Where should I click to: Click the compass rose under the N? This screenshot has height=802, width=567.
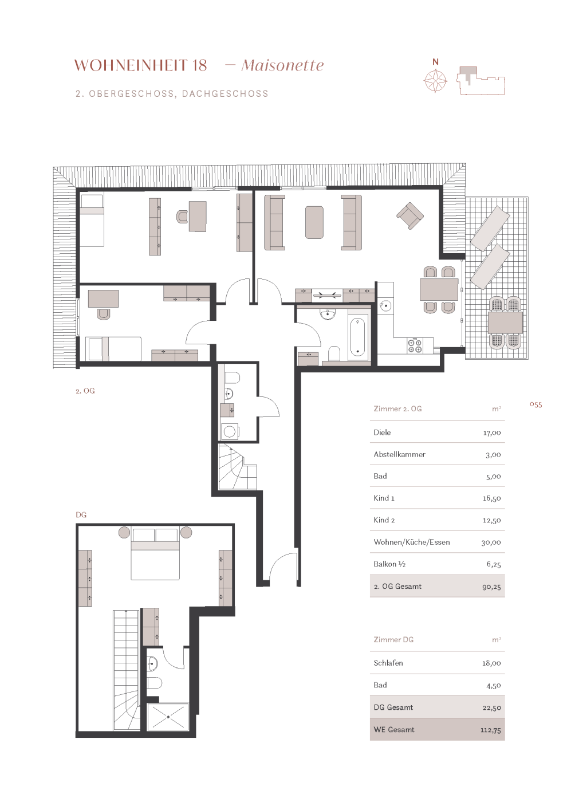435,81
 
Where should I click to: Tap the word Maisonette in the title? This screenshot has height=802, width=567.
282,65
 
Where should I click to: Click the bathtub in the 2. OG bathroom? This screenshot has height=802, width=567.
357,337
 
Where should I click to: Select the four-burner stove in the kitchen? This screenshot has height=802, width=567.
415,345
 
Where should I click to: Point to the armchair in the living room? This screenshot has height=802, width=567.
410,215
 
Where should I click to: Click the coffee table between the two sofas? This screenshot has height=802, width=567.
314,222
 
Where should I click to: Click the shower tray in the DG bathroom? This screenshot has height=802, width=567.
168,717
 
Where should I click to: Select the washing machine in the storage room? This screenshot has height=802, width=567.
230,432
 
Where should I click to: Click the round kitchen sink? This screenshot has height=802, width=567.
385,306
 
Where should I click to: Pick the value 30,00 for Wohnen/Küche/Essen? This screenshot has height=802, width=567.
491,542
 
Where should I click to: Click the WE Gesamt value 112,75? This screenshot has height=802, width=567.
490,730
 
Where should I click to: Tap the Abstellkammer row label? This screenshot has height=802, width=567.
400,454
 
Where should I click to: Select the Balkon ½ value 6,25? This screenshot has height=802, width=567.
494,565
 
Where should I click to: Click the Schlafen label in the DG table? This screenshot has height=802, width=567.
388,663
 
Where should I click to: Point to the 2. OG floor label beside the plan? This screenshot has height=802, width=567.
85,391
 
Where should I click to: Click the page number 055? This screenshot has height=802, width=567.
536,404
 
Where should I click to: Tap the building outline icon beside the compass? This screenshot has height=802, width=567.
481,81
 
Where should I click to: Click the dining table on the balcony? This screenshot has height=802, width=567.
505,322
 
